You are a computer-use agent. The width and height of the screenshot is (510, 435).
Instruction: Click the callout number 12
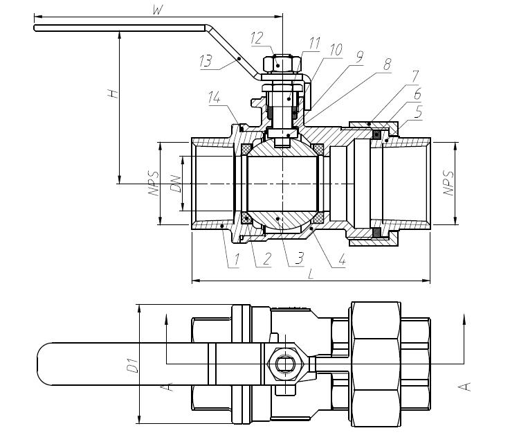[x=257, y=39]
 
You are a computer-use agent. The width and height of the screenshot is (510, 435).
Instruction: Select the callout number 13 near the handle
[x=206, y=62]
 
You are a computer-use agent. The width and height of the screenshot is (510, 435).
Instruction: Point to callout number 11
[x=314, y=44]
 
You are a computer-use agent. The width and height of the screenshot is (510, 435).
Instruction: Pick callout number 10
[x=336, y=51]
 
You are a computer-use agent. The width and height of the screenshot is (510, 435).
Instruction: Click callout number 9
[x=358, y=60]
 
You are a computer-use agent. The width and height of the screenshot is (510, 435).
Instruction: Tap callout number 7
[x=414, y=74]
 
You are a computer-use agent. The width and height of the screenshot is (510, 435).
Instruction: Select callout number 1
[x=235, y=260]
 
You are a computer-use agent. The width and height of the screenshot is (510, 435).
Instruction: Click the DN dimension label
[x=175, y=184]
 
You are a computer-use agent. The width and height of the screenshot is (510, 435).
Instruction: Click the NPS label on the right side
[x=448, y=183]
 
